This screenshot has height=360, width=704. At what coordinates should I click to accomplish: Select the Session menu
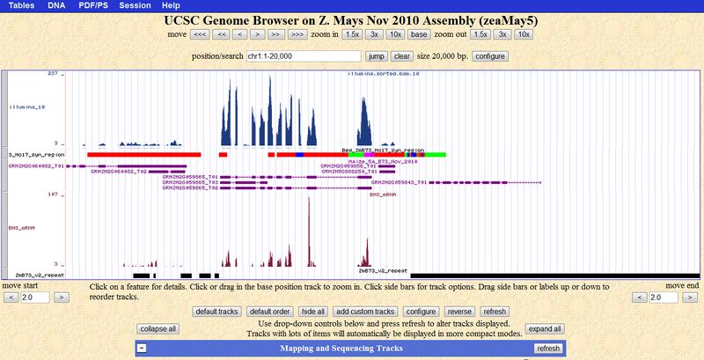click(135, 5)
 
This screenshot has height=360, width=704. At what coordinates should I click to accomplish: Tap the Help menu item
click(172, 5)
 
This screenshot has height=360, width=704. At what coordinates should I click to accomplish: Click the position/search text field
click(303, 55)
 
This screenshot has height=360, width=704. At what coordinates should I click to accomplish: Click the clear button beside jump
click(402, 55)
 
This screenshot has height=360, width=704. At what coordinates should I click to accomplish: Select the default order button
click(269, 312)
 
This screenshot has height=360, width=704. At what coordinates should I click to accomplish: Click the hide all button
click(313, 312)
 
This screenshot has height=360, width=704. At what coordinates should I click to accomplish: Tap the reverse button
click(459, 312)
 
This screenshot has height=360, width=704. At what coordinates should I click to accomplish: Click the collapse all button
click(158, 328)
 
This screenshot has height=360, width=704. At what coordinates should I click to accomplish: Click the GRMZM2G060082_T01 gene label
click(36, 165)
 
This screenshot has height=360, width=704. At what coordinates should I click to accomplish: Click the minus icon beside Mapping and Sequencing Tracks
click(141, 349)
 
